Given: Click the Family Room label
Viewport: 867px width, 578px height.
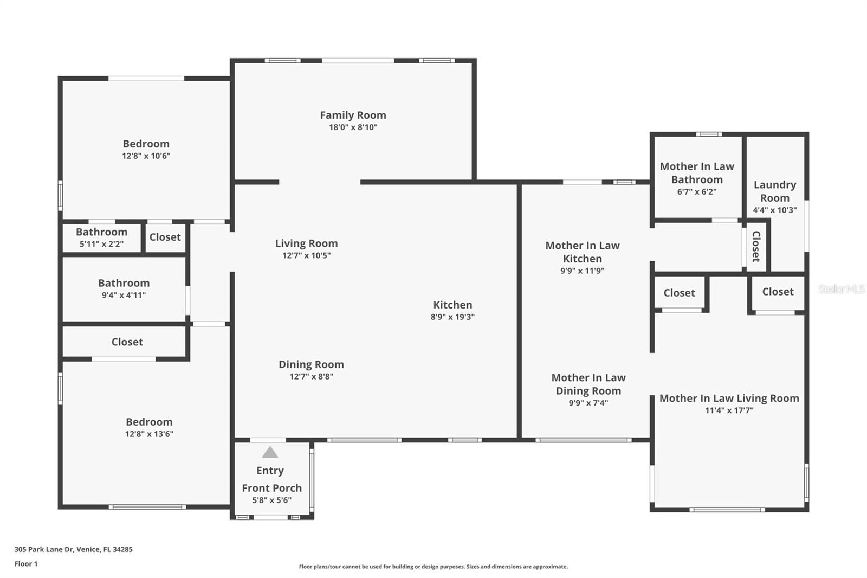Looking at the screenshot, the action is (x=353, y=115).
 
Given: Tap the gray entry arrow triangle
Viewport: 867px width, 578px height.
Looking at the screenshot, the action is (x=270, y=453).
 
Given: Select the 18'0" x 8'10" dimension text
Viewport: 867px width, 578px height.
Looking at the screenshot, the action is (x=353, y=127).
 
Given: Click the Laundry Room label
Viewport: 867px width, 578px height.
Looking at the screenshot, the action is (x=775, y=191).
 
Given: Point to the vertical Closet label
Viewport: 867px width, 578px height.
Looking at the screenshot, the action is (x=756, y=246).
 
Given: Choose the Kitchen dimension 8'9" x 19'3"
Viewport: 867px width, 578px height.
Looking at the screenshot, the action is (x=452, y=317).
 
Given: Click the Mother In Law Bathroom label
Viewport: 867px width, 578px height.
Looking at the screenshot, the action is (x=697, y=173).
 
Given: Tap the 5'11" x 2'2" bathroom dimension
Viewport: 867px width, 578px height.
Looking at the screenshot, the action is (x=101, y=243).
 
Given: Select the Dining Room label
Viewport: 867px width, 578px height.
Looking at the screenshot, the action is (x=311, y=364).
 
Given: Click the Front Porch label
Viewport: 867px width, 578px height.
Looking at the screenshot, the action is (x=271, y=488).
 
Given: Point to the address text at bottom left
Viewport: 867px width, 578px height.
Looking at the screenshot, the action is (x=74, y=549).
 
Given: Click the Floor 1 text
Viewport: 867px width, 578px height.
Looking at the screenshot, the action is (x=26, y=564).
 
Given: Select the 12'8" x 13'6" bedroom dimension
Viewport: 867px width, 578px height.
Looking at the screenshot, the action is (x=149, y=434).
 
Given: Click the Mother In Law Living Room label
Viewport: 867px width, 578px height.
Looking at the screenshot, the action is (x=729, y=398).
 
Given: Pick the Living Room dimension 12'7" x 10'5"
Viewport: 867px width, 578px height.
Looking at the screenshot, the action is (x=307, y=255).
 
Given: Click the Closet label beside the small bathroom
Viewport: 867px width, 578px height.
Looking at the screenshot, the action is (x=165, y=237).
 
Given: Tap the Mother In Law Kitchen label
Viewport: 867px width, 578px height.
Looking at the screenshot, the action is (x=583, y=252).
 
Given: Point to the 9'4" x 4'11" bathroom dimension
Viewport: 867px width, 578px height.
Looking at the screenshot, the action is (x=124, y=295).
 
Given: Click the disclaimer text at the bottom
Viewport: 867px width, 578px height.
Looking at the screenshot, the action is (x=433, y=567).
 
